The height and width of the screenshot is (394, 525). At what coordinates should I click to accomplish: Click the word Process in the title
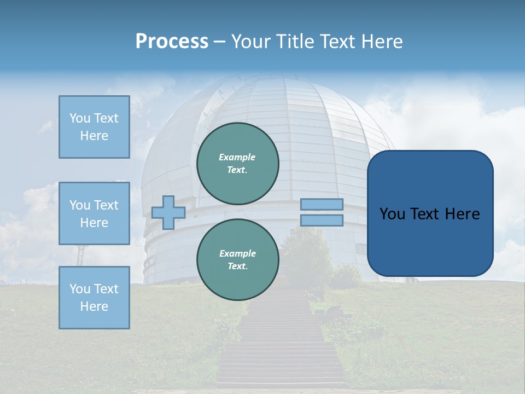[x=172, y=42]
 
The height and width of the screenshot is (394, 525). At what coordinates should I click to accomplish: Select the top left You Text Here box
[x=94, y=127]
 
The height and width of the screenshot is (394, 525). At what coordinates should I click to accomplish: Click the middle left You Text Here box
[x=94, y=213]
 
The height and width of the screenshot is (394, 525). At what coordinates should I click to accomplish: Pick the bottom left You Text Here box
[x=94, y=297]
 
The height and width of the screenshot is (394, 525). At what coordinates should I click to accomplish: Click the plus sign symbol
[x=168, y=212]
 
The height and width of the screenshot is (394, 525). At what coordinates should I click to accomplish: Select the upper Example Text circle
[x=238, y=164]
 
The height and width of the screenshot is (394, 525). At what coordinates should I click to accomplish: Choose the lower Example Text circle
[x=238, y=259]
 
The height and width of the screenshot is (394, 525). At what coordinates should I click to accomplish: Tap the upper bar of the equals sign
[x=322, y=204]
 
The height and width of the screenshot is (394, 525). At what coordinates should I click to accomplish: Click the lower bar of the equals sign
[x=322, y=221]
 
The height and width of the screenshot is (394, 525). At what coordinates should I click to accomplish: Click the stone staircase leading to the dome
[x=282, y=350]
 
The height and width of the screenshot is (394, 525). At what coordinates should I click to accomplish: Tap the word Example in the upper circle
[x=237, y=157]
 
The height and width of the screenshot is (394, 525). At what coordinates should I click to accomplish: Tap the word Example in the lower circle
[x=237, y=253]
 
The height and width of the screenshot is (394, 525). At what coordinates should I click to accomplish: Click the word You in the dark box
[x=392, y=214]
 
